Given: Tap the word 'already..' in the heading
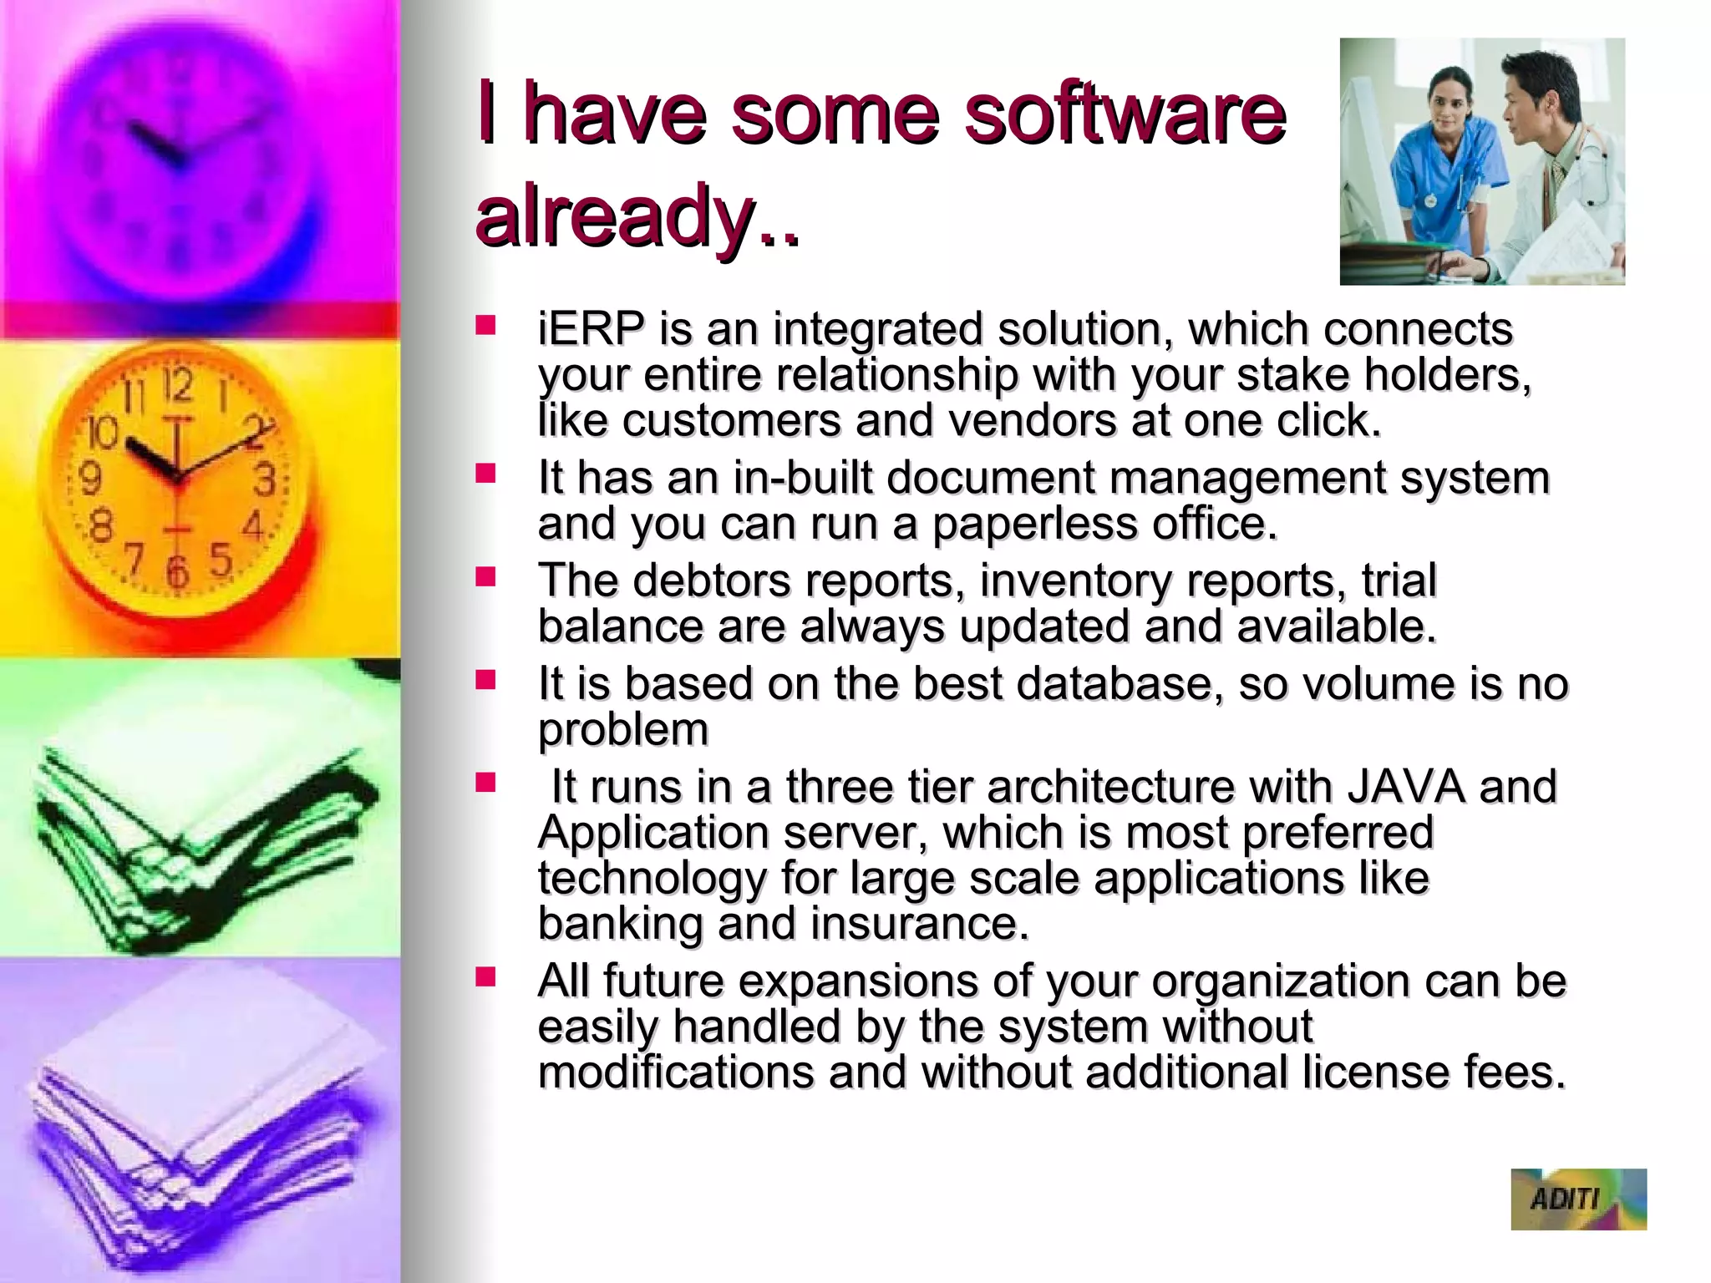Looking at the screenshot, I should click(x=637, y=215).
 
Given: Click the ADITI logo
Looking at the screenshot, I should click(x=1577, y=1199).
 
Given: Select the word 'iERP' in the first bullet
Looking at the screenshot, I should click(x=591, y=329).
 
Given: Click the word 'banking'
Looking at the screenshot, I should click(x=620, y=924).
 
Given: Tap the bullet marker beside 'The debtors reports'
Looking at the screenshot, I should click(x=485, y=576).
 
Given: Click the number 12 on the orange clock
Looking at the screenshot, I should click(x=178, y=386).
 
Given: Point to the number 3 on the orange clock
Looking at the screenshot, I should click(x=265, y=481).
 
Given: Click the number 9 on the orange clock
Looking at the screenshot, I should click(x=90, y=479).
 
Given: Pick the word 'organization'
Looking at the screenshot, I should click(x=1280, y=981).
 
